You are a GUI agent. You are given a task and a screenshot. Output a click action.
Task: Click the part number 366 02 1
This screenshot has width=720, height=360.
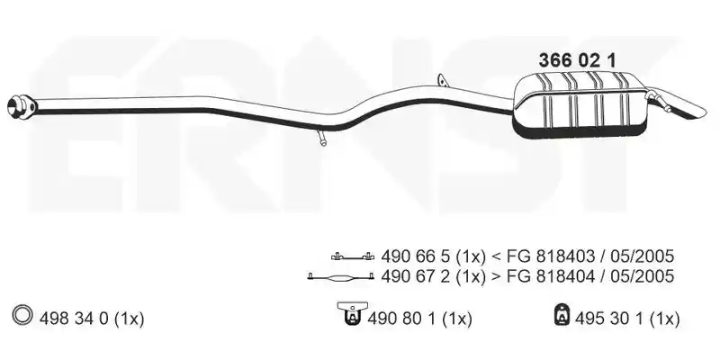577,60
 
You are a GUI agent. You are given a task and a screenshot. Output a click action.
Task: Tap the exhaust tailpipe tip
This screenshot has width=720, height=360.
687,107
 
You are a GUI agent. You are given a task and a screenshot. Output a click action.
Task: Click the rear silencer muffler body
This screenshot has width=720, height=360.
580,104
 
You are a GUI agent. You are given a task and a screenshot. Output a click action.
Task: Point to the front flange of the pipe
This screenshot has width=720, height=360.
21,106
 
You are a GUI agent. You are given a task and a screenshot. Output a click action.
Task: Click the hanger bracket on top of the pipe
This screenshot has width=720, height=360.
442,80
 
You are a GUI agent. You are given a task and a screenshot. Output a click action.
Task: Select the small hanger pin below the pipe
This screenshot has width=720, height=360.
321,139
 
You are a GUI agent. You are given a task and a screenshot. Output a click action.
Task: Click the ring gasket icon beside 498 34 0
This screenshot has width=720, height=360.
23,316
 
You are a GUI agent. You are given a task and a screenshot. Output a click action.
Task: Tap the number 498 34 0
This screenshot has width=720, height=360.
74,319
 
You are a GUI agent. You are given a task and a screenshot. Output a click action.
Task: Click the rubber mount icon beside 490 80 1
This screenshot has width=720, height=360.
352,314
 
